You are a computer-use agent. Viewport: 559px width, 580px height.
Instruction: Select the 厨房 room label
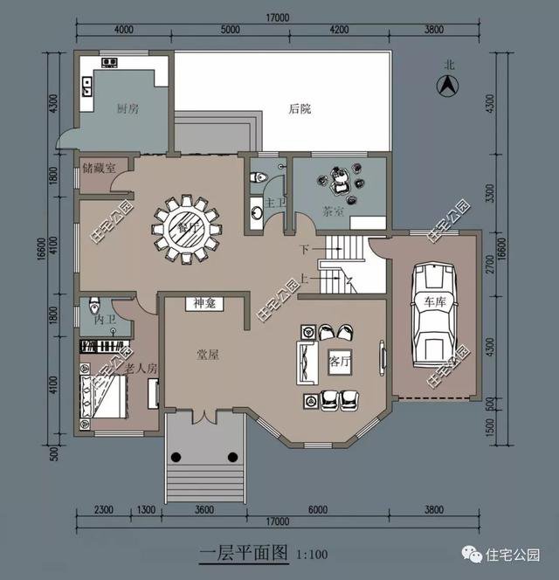(128, 109)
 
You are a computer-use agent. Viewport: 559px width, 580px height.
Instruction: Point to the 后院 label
(300, 109)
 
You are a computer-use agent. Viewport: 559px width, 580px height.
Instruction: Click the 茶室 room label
(333, 211)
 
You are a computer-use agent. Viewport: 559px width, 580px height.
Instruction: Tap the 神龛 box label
(204, 304)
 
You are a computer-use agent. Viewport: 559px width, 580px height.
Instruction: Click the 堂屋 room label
(207, 355)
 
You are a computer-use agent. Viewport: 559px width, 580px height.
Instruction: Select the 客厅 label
(339, 361)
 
